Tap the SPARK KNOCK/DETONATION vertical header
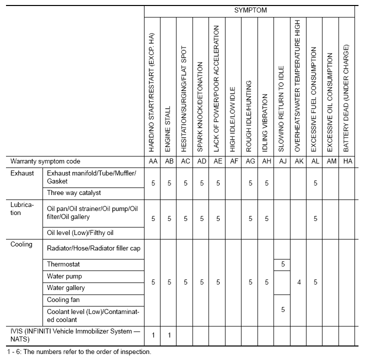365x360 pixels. point(201,107)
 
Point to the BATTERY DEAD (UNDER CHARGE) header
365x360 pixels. point(346,98)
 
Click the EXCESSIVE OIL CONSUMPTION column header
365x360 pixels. point(330,99)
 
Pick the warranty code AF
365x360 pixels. point(233,161)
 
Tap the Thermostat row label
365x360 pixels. point(63,264)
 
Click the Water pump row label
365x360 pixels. point(64,276)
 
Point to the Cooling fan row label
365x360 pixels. point(63,300)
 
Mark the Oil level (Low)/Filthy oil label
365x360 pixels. point(80,232)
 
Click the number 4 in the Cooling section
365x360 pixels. point(298,282)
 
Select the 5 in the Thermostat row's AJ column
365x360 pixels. point(282,264)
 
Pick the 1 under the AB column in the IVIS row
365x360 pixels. point(169,334)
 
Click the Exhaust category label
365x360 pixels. point(22,173)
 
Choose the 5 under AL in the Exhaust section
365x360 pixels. point(315,183)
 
